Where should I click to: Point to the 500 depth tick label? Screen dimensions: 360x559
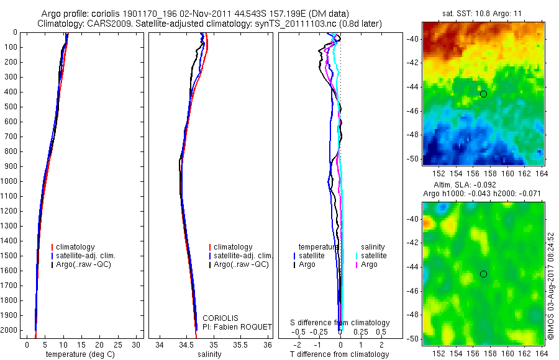point(11,107)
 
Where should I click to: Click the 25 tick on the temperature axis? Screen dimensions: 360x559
point(118,344)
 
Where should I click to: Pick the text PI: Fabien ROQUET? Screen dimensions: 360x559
point(237,326)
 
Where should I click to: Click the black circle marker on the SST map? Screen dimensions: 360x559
point(483,94)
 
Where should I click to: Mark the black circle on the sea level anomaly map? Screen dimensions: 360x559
point(483,274)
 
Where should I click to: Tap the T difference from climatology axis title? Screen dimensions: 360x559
point(339,354)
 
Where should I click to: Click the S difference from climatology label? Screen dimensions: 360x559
point(340,323)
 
